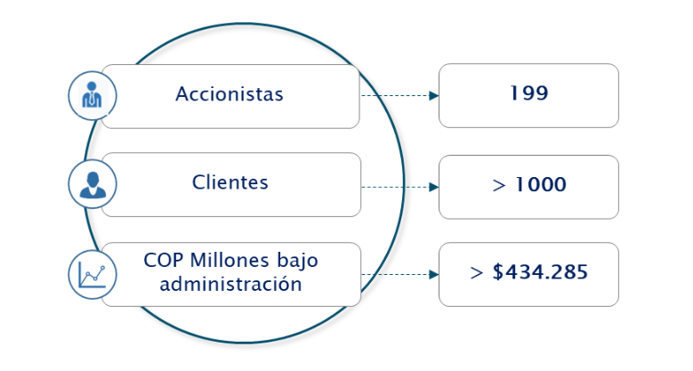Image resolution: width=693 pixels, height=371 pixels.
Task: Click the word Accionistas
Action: tap(230, 94)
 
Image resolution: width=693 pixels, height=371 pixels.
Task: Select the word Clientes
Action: tap(230, 182)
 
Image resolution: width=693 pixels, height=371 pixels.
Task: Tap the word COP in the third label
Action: tap(165, 262)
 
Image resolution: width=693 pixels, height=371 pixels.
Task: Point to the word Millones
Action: tap(229, 262)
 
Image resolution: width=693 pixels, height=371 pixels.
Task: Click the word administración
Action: tap(230, 285)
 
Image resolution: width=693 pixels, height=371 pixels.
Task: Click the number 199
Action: tap(528, 93)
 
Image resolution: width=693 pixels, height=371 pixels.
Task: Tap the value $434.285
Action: tap(540, 272)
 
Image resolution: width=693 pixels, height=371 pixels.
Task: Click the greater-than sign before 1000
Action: tap(497, 185)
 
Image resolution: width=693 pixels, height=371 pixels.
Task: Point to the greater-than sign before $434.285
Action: tap(476, 273)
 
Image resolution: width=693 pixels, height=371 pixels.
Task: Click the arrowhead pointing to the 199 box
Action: tap(433, 95)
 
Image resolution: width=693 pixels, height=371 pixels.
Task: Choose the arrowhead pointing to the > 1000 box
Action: tap(433, 187)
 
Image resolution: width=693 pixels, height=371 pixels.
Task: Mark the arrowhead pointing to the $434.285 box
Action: tap(433, 274)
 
